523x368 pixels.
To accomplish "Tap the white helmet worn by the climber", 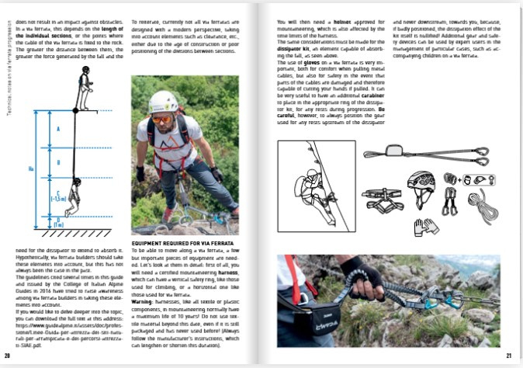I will pyautogui.click(x=164, y=100).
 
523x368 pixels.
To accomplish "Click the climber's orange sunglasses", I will pyautogui.click(x=161, y=116).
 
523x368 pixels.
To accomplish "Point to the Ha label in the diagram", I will pyautogui.click(x=30, y=167).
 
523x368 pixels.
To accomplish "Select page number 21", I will pyautogui.click(x=509, y=355).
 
